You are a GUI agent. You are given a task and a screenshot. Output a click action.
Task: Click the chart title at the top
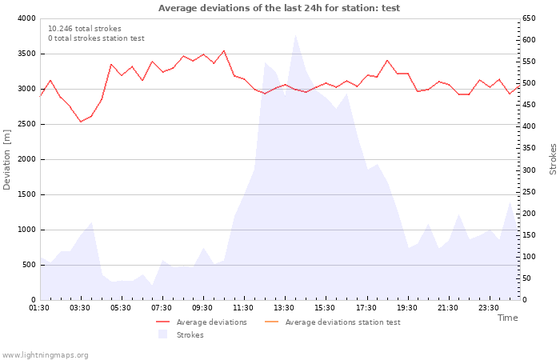coord(279,8)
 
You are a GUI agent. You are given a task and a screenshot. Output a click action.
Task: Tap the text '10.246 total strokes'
coord(85,29)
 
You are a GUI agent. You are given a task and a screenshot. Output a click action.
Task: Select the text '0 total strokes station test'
coord(97,38)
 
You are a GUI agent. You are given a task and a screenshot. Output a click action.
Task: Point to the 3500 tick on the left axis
coord(26,54)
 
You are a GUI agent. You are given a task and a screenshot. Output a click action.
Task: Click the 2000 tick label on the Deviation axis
coord(26,159)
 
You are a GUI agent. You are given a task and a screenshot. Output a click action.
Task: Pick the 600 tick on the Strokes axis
coord(529,40)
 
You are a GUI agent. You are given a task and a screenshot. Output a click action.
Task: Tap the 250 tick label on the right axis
coord(529,192)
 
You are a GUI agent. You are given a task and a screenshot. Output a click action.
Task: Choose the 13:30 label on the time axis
coord(284,308)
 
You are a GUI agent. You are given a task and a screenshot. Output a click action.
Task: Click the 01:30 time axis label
coord(39,308)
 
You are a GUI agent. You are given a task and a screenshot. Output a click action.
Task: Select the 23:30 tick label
coord(488,308)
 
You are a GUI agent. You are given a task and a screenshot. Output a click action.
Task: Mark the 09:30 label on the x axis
coord(202,308)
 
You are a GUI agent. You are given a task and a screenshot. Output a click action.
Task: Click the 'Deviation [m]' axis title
coord(6,159)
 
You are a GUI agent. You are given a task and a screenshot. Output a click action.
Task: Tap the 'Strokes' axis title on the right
coord(553,159)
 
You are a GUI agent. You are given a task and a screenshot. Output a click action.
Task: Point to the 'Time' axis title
coord(507,318)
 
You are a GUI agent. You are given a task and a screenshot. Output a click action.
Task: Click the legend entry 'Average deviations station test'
coord(332,322)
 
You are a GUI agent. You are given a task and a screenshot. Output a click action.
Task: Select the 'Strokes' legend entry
coord(181,334)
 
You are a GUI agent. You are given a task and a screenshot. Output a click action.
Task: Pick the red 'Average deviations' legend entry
coord(202,322)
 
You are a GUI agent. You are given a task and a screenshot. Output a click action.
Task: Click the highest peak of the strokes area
coord(295,35)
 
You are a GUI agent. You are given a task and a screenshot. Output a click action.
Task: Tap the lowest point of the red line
coord(81,122)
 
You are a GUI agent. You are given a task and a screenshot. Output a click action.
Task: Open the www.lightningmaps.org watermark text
coord(45,355)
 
